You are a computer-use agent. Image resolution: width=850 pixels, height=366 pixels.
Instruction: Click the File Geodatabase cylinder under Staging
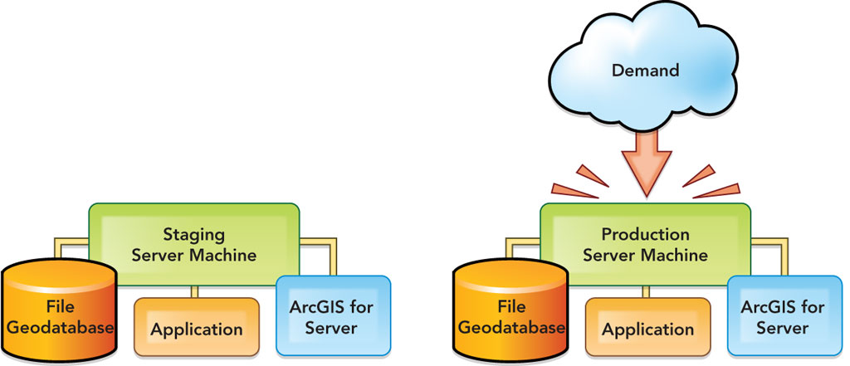57,315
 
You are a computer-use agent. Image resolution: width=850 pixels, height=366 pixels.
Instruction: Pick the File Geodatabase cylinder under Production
509,315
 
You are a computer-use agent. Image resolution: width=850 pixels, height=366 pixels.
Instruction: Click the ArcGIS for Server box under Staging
332,317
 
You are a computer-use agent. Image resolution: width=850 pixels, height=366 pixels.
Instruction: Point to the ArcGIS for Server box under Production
784,317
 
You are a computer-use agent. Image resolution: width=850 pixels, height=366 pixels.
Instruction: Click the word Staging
193,234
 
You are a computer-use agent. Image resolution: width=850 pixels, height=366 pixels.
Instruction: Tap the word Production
645,234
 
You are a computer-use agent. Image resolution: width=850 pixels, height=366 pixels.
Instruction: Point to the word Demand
645,71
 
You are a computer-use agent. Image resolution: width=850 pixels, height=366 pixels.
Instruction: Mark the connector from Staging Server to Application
193,290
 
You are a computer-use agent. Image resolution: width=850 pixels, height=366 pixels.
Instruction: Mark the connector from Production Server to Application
645,290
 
